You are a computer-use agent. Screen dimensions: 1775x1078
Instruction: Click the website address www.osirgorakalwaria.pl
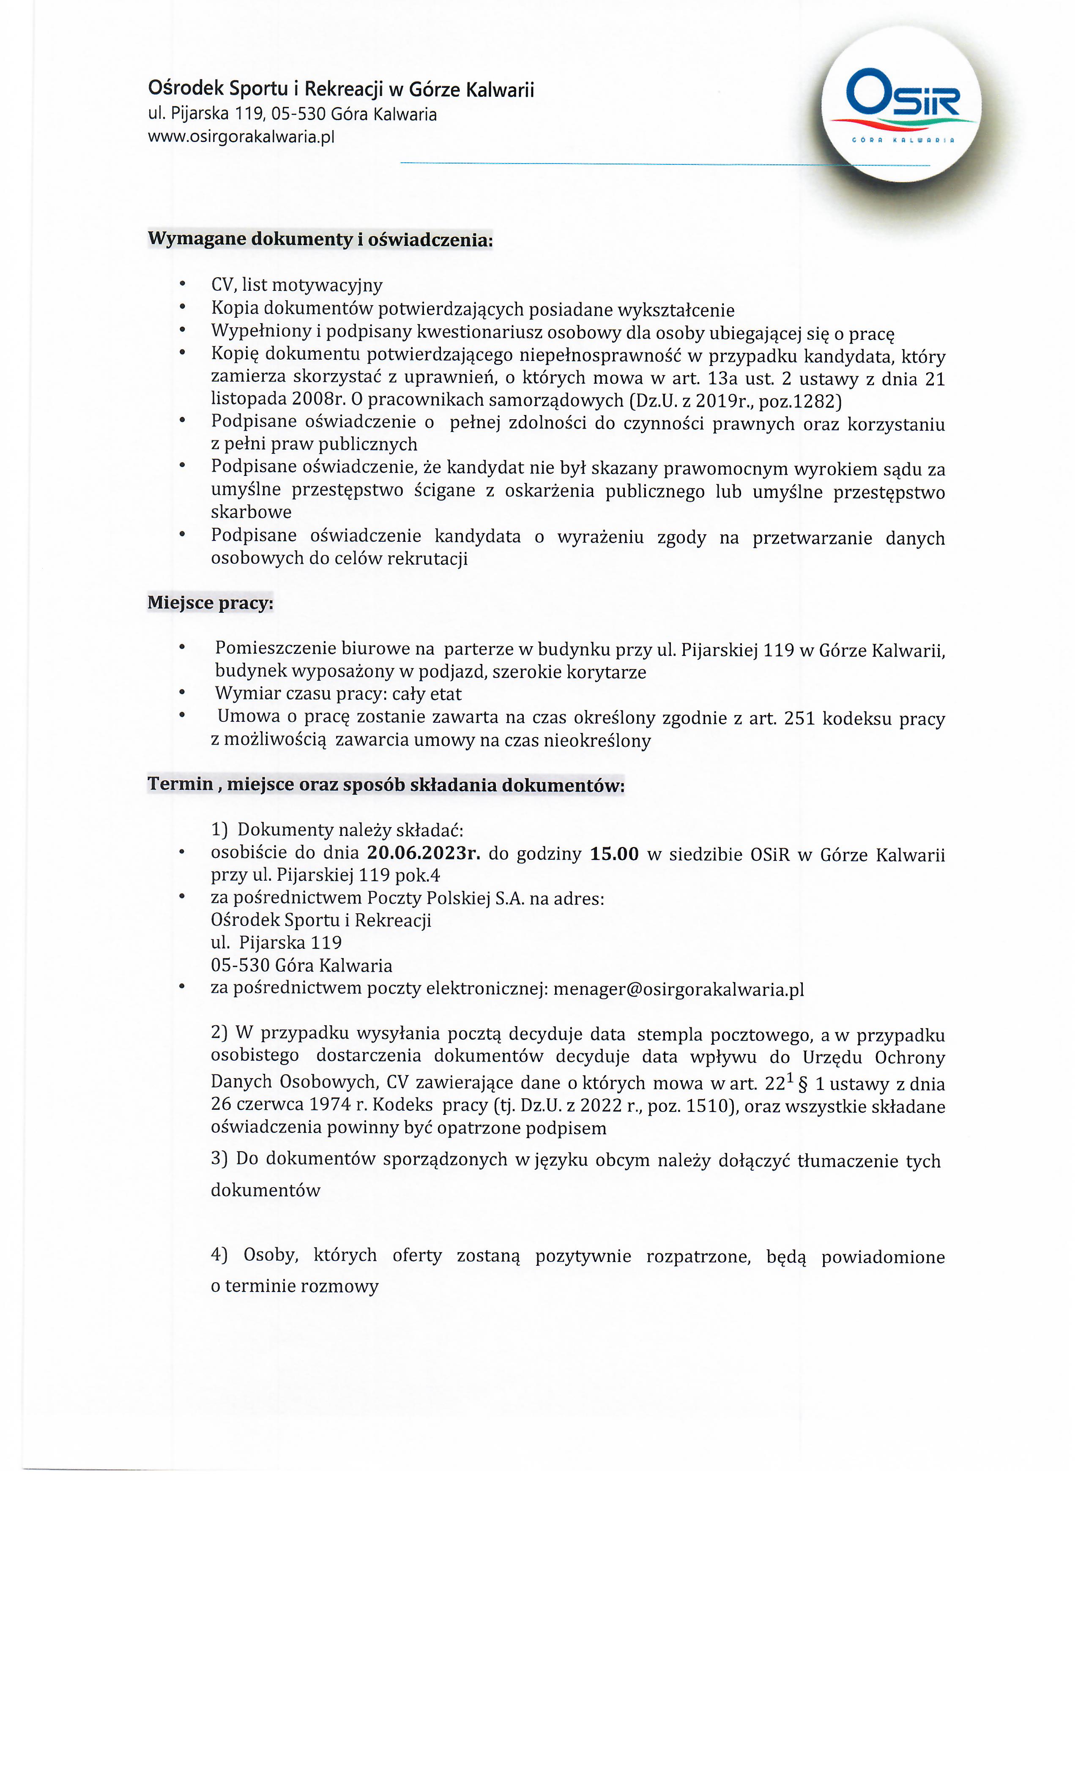[241, 137]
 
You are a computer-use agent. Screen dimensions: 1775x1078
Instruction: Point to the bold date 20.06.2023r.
[423, 854]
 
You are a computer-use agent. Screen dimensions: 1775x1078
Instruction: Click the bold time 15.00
[614, 854]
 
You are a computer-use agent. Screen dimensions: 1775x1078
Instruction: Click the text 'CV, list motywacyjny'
[296, 285]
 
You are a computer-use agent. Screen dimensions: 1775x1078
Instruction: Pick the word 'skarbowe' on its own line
[251, 512]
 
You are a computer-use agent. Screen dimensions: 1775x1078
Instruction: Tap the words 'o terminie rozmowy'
[294, 1286]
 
